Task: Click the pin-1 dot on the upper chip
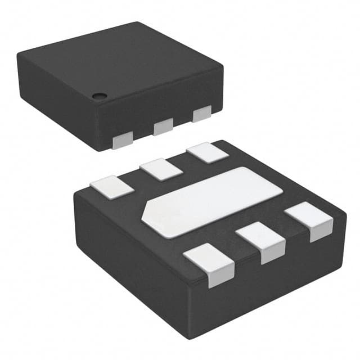pyautogui.click(x=99, y=95)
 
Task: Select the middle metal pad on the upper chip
pyautogui.click(x=163, y=126)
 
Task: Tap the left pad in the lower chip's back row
pyautogui.click(x=110, y=186)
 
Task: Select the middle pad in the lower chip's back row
pyautogui.click(x=161, y=169)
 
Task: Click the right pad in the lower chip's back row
pyautogui.click(x=208, y=153)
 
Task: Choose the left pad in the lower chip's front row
pyautogui.click(x=209, y=267)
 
